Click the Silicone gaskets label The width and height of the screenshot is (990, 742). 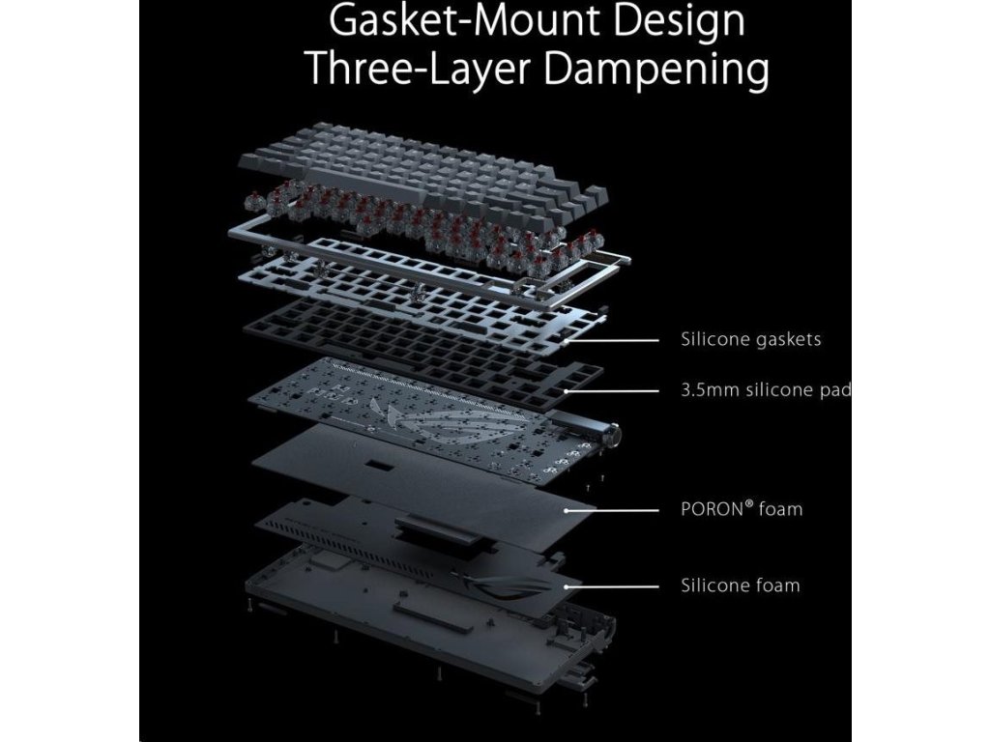(x=750, y=339)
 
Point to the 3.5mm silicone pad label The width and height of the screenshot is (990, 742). (x=765, y=390)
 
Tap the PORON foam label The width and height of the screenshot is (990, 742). (x=741, y=508)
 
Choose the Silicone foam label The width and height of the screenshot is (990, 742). (x=740, y=585)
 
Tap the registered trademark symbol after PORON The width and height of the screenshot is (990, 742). (x=749, y=502)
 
